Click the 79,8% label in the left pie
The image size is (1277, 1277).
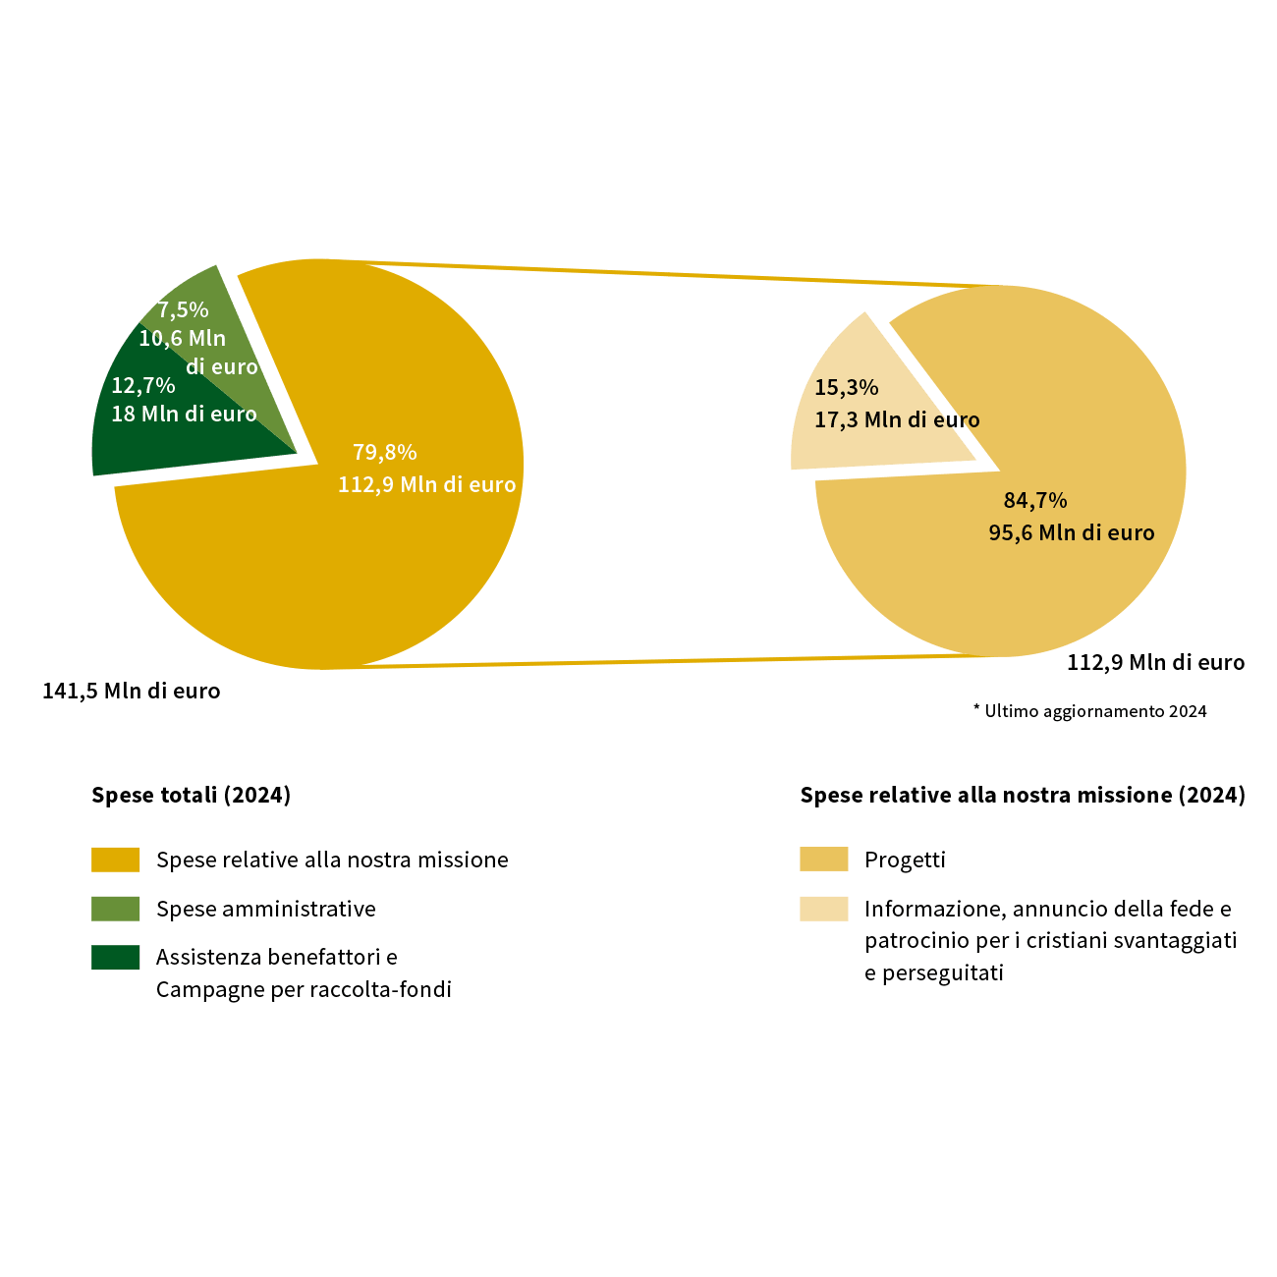[384, 452]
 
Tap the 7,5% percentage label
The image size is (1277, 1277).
[183, 309]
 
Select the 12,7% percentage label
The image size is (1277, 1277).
[143, 385]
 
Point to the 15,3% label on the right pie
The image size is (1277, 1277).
[846, 387]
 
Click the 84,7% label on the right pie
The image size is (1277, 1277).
[1035, 500]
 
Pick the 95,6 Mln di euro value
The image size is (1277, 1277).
[1072, 532]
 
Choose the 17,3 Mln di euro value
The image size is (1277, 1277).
[897, 419]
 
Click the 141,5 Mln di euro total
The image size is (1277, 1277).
[132, 691]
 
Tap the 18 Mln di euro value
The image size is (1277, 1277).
[184, 414]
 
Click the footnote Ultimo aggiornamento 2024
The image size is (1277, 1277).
[1089, 711]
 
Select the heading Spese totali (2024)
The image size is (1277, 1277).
[191, 795]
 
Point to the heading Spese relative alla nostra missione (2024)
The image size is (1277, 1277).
[1023, 795]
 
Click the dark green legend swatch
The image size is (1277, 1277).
[115, 957]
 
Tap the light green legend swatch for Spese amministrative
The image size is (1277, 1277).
[115, 909]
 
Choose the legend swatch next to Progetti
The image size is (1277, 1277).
[824, 859]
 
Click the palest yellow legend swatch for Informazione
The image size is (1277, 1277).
[824, 909]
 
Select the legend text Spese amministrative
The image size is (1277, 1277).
[266, 909]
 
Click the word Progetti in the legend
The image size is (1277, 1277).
[905, 860]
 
